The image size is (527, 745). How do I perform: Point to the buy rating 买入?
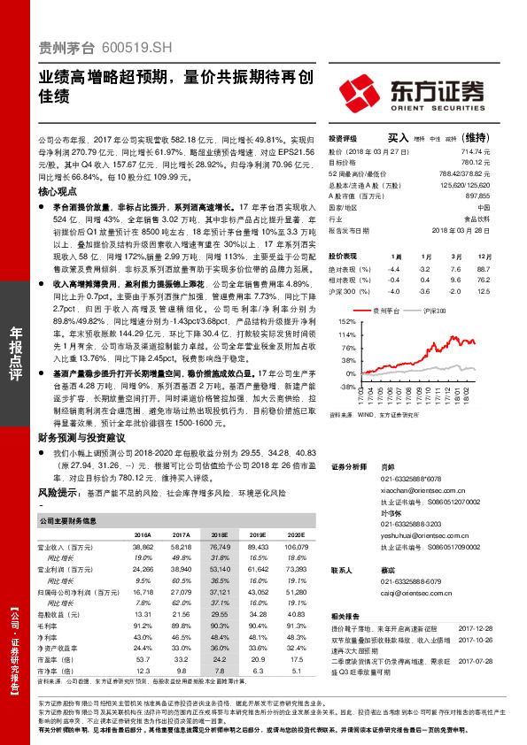pyautogui.click(x=398, y=138)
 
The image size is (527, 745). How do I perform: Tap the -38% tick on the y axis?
pyautogui.click(x=345, y=387)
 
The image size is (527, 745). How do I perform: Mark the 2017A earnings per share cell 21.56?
pyautogui.click(x=182, y=613)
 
